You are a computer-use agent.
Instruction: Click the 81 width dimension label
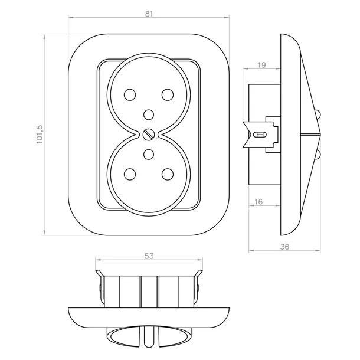pos(149,14)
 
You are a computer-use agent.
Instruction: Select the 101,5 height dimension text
pos(40,135)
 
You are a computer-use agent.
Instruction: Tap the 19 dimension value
pos(261,65)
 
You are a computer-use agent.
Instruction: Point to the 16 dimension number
pos(258,202)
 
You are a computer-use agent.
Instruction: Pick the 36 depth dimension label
pos(284,247)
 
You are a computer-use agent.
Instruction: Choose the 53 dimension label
pos(149,256)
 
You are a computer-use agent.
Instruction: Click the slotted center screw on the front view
pos(149,135)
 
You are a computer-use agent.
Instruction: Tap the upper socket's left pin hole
pos(130,94)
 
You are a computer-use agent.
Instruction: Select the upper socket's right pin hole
pos(168,94)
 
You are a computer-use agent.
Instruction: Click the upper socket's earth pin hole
pos(149,114)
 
